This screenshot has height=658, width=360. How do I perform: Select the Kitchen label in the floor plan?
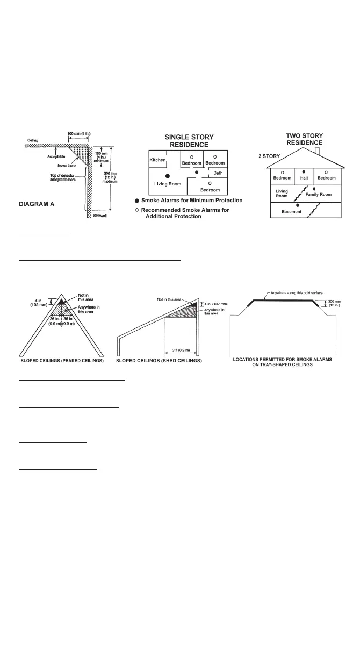157,160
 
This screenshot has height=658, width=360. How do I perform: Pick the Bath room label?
218,173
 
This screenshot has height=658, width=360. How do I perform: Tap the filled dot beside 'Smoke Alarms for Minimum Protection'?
137,201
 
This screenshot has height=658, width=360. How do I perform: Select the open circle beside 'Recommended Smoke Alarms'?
137,210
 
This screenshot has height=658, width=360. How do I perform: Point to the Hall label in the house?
304,178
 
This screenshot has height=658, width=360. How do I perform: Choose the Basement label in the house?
292,212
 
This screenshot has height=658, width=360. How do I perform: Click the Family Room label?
319,194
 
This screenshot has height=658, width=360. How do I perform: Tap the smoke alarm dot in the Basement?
297,205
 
